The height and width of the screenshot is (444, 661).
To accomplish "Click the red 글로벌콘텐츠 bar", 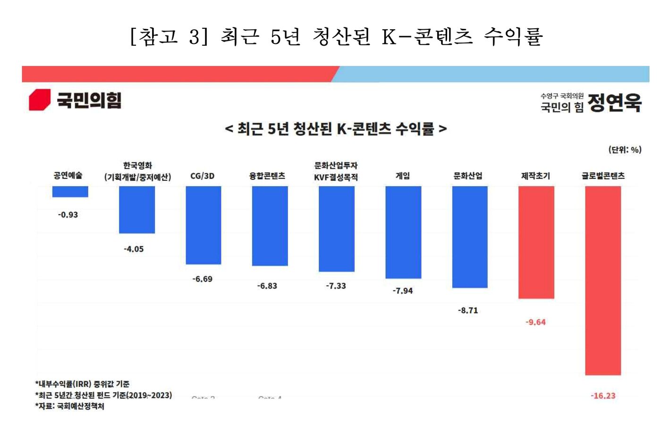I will click(603, 281).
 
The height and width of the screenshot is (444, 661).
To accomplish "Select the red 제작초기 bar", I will click(536, 242).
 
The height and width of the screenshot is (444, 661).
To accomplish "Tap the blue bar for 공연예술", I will click(70, 192).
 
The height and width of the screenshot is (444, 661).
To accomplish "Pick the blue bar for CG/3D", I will click(203, 225).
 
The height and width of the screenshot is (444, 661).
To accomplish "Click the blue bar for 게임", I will click(403, 232).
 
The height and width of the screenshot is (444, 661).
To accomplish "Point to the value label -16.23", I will click(603, 396).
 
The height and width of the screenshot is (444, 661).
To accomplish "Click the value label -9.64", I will click(535, 322).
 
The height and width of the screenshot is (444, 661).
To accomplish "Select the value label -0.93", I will click(68, 215).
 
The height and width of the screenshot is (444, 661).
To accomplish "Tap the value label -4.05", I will click(134, 249).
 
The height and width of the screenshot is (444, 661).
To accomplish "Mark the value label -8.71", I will click(468, 310).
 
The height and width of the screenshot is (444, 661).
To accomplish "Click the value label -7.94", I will click(403, 291).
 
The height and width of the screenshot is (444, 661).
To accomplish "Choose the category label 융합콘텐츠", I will click(267, 176).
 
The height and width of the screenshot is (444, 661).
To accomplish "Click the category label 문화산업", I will click(468, 176).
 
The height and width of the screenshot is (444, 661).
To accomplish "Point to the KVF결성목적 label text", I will click(336, 178).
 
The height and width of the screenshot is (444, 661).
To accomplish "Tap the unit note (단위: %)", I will click(624, 150).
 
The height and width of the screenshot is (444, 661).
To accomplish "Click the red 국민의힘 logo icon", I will click(40, 100).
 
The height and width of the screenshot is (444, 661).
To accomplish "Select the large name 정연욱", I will click(615, 102).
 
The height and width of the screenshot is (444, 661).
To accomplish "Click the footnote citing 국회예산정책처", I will click(70, 406).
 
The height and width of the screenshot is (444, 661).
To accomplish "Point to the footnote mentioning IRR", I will click(82, 384).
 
